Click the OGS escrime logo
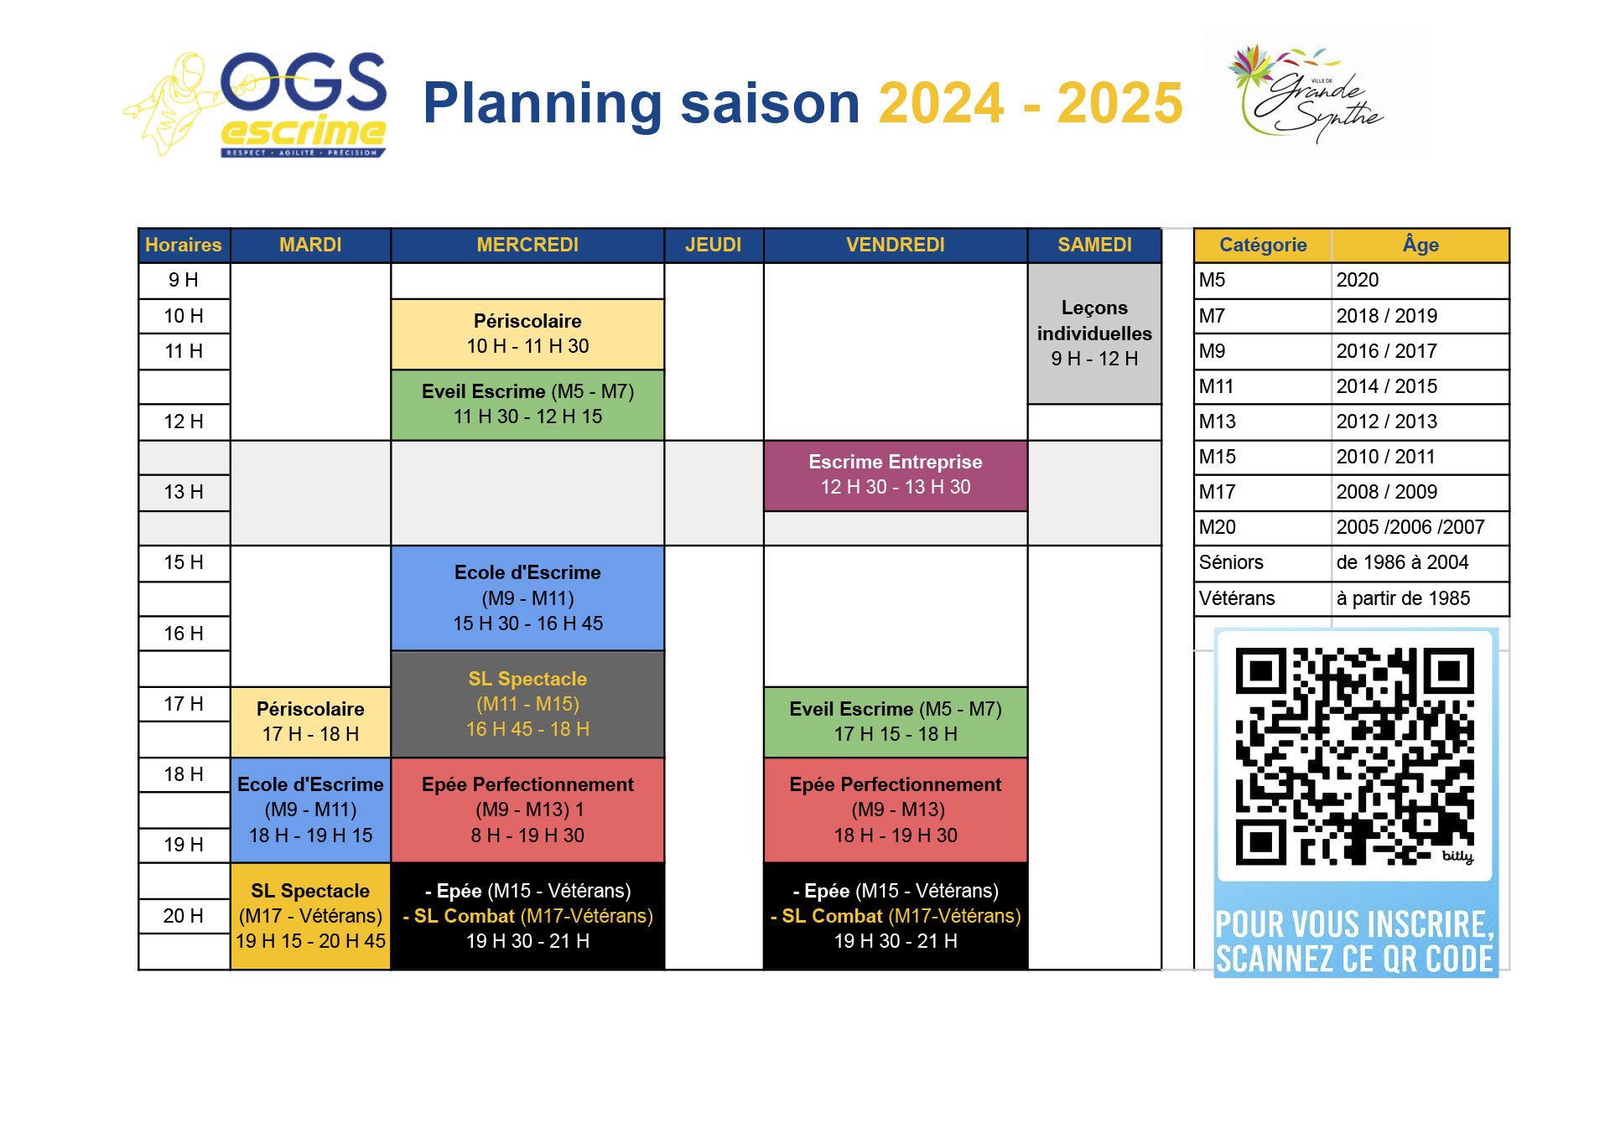pyautogui.click(x=256, y=105)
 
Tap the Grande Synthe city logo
pyautogui.click(x=1317, y=93)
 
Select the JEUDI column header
pyautogui.click(x=714, y=245)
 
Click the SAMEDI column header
pyautogui.click(x=1094, y=245)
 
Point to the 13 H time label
pyautogui.click(x=184, y=492)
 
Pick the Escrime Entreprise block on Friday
pyautogui.click(x=896, y=475)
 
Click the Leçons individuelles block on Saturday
pyautogui.click(x=1094, y=334)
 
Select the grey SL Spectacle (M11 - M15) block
pyautogui.click(x=527, y=704)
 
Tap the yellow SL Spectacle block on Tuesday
pyautogui.click(x=310, y=916)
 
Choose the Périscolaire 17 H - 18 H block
pyautogui.click(x=310, y=722)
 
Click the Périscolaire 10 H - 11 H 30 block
pyautogui.click(x=527, y=334)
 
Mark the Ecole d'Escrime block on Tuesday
pyautogui.click(x=310, y=810)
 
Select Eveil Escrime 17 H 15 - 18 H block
pyautogui.click(x=896, y=722)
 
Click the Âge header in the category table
pyautogui.click(x=1420, y=245)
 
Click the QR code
pyautogui.click(x=1355, y=756)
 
